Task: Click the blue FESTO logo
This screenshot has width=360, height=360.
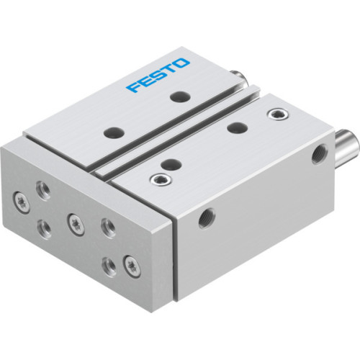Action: tap(158, 76)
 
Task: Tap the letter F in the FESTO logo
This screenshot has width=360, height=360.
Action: tap(133, 88)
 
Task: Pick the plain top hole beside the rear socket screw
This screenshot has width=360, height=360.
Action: tap(233, 127)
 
